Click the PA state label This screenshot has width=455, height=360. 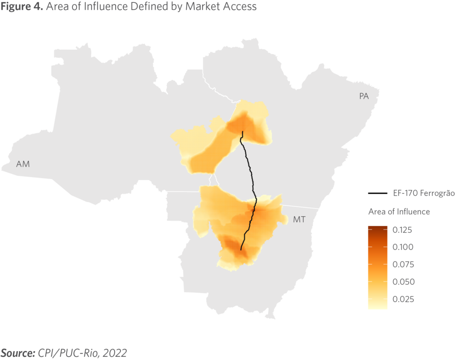pyautogui.click(x=364, y=96)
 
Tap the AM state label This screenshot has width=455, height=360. pyautogui.click(x=23, y=164)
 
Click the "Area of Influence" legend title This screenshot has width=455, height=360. pyautogui.click(x=399, y=211)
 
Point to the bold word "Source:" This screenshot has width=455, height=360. pyautogui.click(x=18, y=353)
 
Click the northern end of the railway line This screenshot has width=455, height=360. pyautogui.click(x=242, y=132)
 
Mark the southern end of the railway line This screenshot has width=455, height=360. pyautogui.click(x=241, y=250)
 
